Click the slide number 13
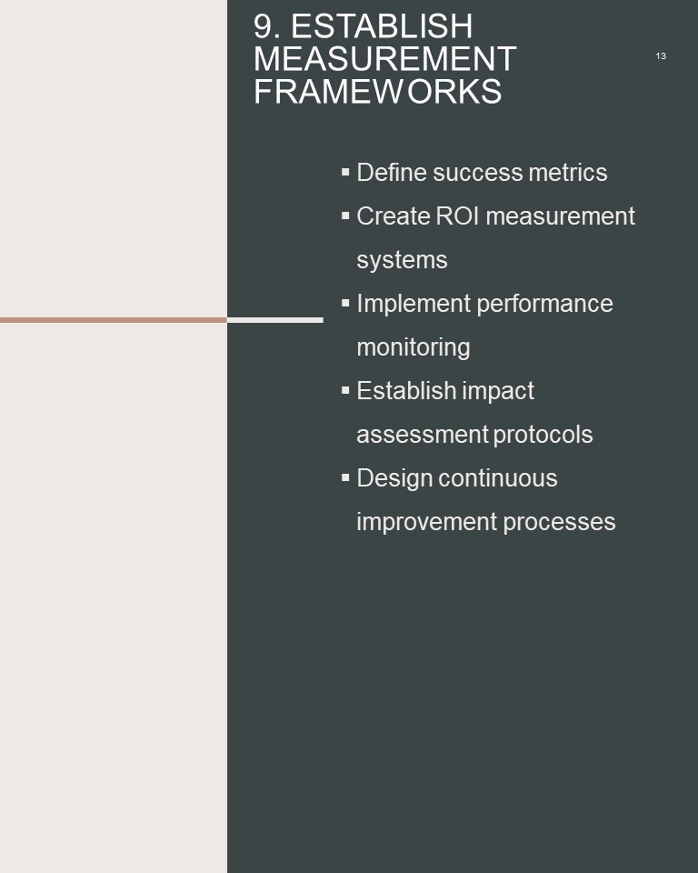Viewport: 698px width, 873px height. (x=661, y=56)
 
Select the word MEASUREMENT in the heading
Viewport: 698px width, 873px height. (x=385, y=59)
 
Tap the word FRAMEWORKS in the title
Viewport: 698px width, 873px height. (x=378, y=91)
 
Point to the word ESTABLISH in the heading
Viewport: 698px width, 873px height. (x=382, y=26)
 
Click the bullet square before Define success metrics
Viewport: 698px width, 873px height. (x=345, y=172)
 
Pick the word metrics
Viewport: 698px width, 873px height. (x=568, y=173)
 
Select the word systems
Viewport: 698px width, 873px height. (x=402, y=261)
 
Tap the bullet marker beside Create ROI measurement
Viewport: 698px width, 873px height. (x=345, y=216)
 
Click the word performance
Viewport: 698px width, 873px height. (x=545, y=304)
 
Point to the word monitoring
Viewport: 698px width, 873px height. (x=414, y=348)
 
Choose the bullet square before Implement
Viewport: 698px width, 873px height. (x=345, y=303)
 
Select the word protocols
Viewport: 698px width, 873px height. (x=543, y=435)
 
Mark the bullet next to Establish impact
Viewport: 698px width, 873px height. (x=345, y=390)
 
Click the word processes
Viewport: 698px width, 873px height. (x=560, y=523)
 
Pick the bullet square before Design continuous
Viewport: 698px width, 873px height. (x=345, y=477)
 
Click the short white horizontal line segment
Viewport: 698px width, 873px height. (x=275, y=320)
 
